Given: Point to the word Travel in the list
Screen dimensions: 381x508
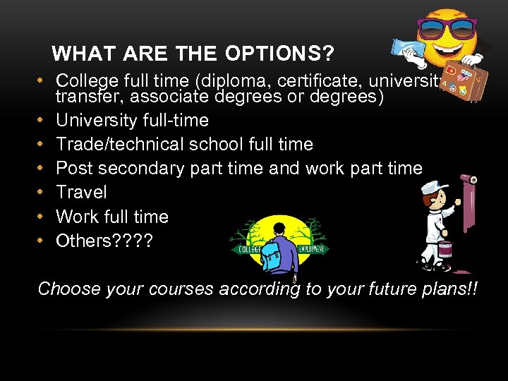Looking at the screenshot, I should coord(81,192).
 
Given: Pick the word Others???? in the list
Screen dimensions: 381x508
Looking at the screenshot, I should coord(104,240).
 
